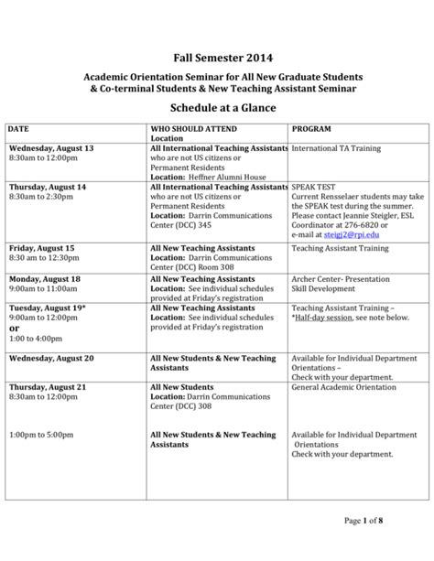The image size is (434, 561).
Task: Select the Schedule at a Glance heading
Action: click(216, 108)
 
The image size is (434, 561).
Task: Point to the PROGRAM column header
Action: click(312, 130)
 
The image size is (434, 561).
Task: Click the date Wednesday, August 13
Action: click(51, 148)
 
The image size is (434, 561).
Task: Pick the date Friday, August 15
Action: click(42, 248)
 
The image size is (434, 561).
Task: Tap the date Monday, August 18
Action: click(45, 278)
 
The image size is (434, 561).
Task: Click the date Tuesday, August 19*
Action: click(46, 308)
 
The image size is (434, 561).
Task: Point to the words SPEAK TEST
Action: click(316, 187)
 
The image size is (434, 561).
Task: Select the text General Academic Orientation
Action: click(343, 388)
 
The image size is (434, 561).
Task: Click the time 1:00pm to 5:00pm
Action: click(43, 435)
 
